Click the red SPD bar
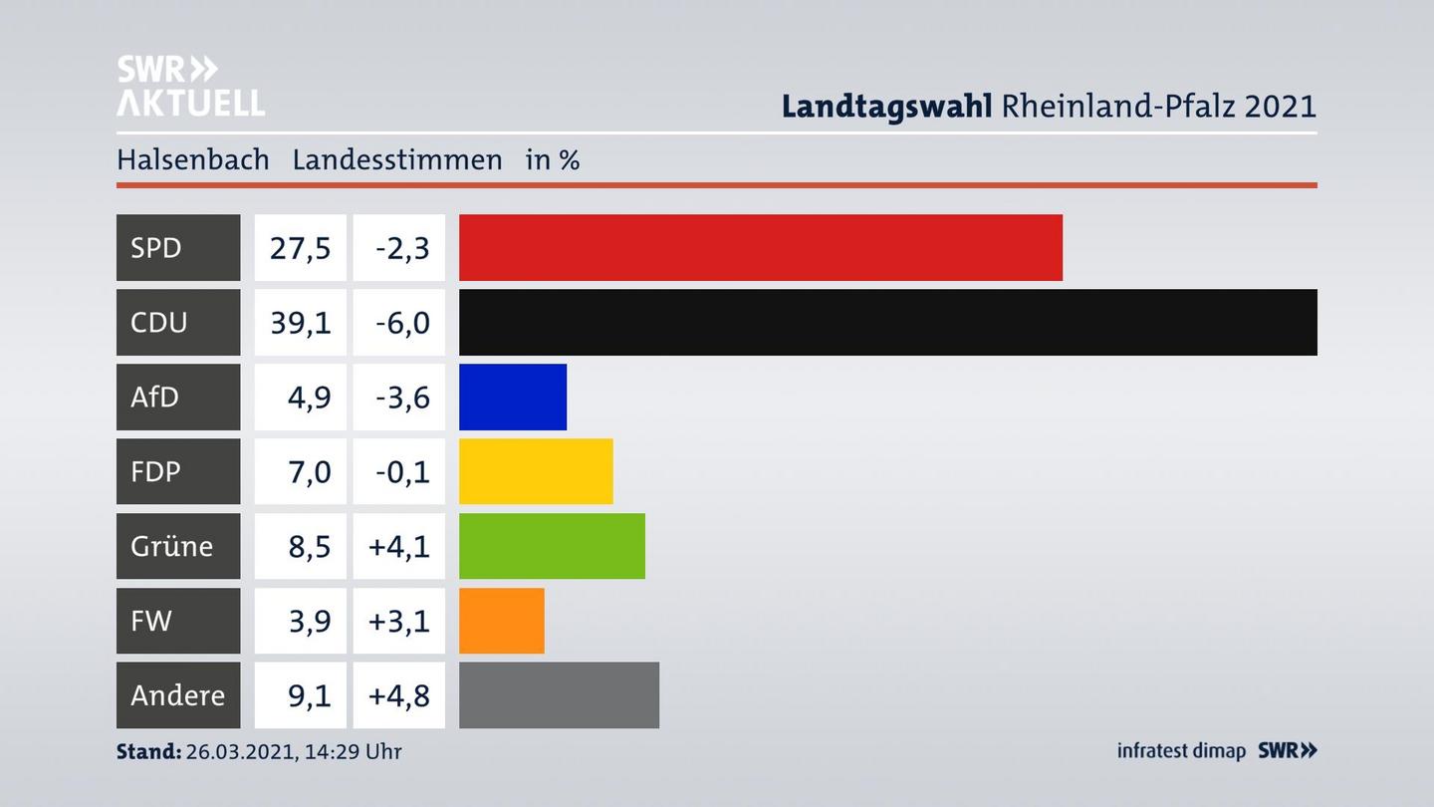point(760,247)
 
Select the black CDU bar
point(887,322)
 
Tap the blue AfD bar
point(512,397)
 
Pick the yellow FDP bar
point(536,471)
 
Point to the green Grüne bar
point(552,546)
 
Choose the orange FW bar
point(501,621)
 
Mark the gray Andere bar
point(559,694)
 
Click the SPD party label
point(156,247)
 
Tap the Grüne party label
point(171,546)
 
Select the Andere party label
point(177,694)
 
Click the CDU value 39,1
point(300,322)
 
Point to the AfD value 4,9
point(309,397)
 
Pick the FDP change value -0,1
point(402,471)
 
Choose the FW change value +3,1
point(399,621)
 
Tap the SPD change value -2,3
point(402,247)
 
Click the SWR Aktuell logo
point(190,86)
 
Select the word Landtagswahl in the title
point(886,106)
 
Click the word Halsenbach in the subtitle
point(193,159)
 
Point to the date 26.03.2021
point(239,751)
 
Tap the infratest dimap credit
point(1181,751)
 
